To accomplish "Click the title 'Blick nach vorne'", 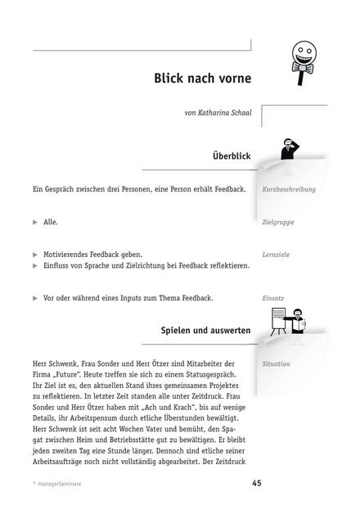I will point(202,79).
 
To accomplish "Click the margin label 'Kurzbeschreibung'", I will point(289,189).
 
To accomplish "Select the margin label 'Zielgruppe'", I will point(278,222).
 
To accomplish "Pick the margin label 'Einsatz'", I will point(273,298).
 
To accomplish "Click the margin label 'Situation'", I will point(277,363).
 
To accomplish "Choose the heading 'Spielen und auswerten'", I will point(206,330).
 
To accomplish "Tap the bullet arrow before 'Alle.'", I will point(34,222).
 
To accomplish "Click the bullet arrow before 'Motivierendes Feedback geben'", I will point(34,255).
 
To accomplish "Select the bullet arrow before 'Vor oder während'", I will point(34,298).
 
